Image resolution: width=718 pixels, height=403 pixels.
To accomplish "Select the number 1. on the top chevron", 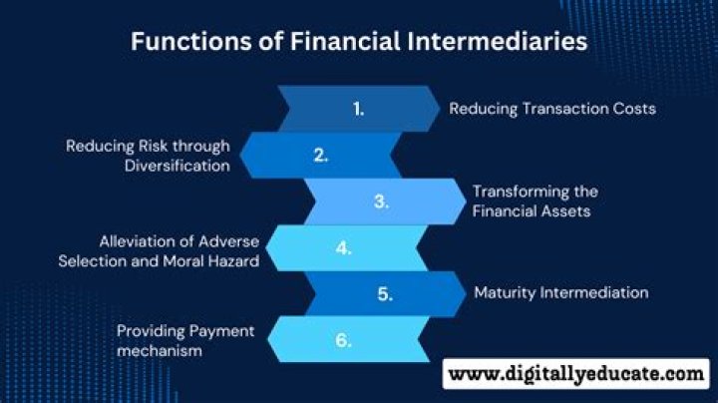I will click(359, 109).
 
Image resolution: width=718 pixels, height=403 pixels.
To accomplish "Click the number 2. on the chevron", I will click(321, 155).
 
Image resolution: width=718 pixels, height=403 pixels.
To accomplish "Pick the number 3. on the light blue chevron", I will click(381, 201).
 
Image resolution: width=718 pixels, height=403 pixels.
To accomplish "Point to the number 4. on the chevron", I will click(344, 248).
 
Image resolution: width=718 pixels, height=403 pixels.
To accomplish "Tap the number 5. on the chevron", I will click(386, 293).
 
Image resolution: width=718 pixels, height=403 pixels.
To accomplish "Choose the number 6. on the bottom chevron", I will click(344, 340).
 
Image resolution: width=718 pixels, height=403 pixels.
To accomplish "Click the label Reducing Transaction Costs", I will click(552, 108).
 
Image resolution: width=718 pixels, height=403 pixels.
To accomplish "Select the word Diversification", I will click(177, 166).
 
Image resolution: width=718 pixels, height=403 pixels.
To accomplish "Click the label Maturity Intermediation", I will click(560, 292).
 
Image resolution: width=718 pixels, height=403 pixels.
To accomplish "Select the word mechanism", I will click(160, 350).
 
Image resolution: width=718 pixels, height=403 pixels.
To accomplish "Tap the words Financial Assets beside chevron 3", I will click(534, 210).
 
